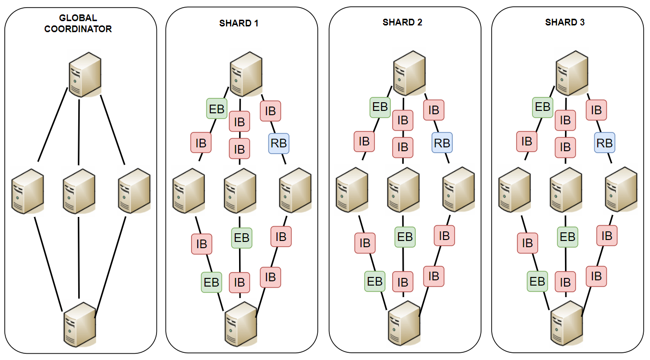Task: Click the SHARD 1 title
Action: pyautogui.click(x=239, y=23)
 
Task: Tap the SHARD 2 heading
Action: pyautogui.click(x=402, y=22)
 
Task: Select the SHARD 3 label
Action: pyautogui.click(x=565, y=22)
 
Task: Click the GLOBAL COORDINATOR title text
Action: pyautogui.click(x=78, y=24)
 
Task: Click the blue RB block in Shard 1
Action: pyautogui.click(x=278, y=143)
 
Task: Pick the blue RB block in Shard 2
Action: pyautogui.click(x=442, y=143)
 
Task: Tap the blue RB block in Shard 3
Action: pyautogui.click(x=604, y=143)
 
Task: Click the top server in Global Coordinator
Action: pyautogui.click(x=84, y=74)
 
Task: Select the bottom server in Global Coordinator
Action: pyautogui.click(x=80, y=324)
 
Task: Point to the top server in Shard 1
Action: pyautogui.click(x=246, y=73)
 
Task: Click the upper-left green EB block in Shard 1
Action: pyautogui.click(x=216, y=109)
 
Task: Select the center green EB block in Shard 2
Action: pyautogui.click(x=405, y=237)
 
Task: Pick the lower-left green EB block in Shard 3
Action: pyautogui.click(x=537, y=281)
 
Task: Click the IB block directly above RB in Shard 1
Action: pyautogui.click(x=270, y=111)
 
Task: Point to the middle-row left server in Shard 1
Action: pyautogui.click(x=189, y=190)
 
